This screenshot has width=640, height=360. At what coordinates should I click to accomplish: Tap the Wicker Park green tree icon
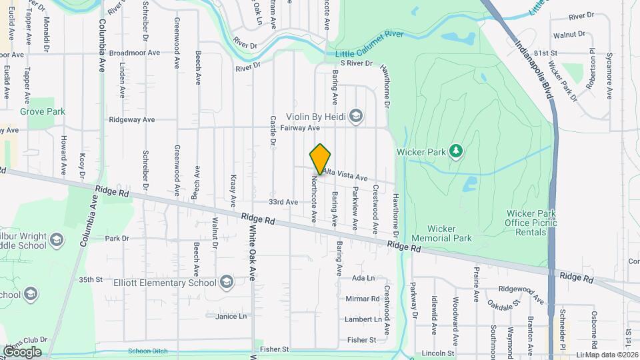click(456, 151)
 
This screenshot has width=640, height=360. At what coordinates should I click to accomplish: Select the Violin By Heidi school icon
click(355, 117)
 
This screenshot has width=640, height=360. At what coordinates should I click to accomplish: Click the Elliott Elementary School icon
click(227, 282)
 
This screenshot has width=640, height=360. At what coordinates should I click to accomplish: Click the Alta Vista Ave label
click(345, 175)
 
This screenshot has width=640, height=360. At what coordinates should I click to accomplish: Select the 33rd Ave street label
click(283, 201)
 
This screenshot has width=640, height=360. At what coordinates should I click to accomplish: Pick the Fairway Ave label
click(300, 127)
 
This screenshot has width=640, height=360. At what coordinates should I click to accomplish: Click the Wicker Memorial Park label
click(441, 233)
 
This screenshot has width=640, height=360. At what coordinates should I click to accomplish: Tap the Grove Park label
click(42, 111)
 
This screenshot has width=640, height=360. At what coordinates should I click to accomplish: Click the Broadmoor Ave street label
click(135, 53)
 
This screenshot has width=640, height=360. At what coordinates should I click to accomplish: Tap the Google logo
click(21, 351)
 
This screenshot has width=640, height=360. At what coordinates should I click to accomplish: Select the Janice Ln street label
click(231, 316)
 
